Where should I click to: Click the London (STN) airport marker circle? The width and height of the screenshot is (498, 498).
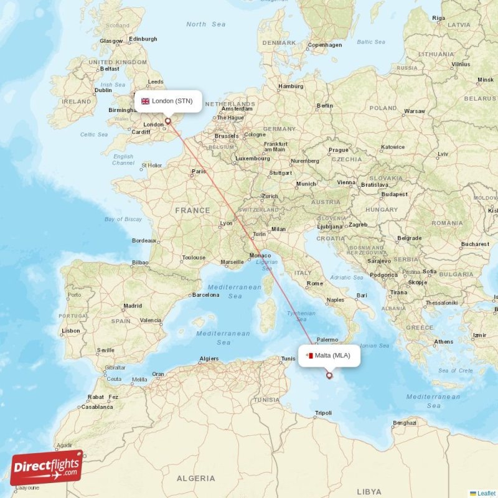pos(167,121)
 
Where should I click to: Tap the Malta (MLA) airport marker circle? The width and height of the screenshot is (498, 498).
pos(329,375)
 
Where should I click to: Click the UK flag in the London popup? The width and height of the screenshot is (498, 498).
pos(146,101)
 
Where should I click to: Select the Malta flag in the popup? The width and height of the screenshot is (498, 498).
pos(309,355)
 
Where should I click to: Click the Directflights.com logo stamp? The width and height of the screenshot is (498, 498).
pos(46,467)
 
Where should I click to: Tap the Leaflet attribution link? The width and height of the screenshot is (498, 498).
pos(486,493)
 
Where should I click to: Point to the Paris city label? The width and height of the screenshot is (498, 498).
pos(199,171)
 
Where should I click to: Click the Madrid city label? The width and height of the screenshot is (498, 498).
pos(133,306)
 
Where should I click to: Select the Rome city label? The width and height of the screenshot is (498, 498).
pos(315,283)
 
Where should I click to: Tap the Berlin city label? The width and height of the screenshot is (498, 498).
pos(325,106)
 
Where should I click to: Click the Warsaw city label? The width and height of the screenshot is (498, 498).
pos(415,111)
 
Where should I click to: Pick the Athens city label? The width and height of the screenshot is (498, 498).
pos(444,341)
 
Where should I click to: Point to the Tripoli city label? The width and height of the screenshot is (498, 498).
pos(323,413)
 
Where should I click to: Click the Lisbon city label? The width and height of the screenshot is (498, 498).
pos(71,331)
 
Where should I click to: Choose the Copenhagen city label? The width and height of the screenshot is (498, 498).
pos(325,45)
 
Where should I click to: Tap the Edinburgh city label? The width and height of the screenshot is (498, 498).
pos(143,39)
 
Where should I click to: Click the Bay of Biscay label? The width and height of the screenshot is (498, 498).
pos(123,219)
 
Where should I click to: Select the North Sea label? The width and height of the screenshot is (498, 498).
pos(205,24)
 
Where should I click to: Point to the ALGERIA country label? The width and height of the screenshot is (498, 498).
pos(197,478)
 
